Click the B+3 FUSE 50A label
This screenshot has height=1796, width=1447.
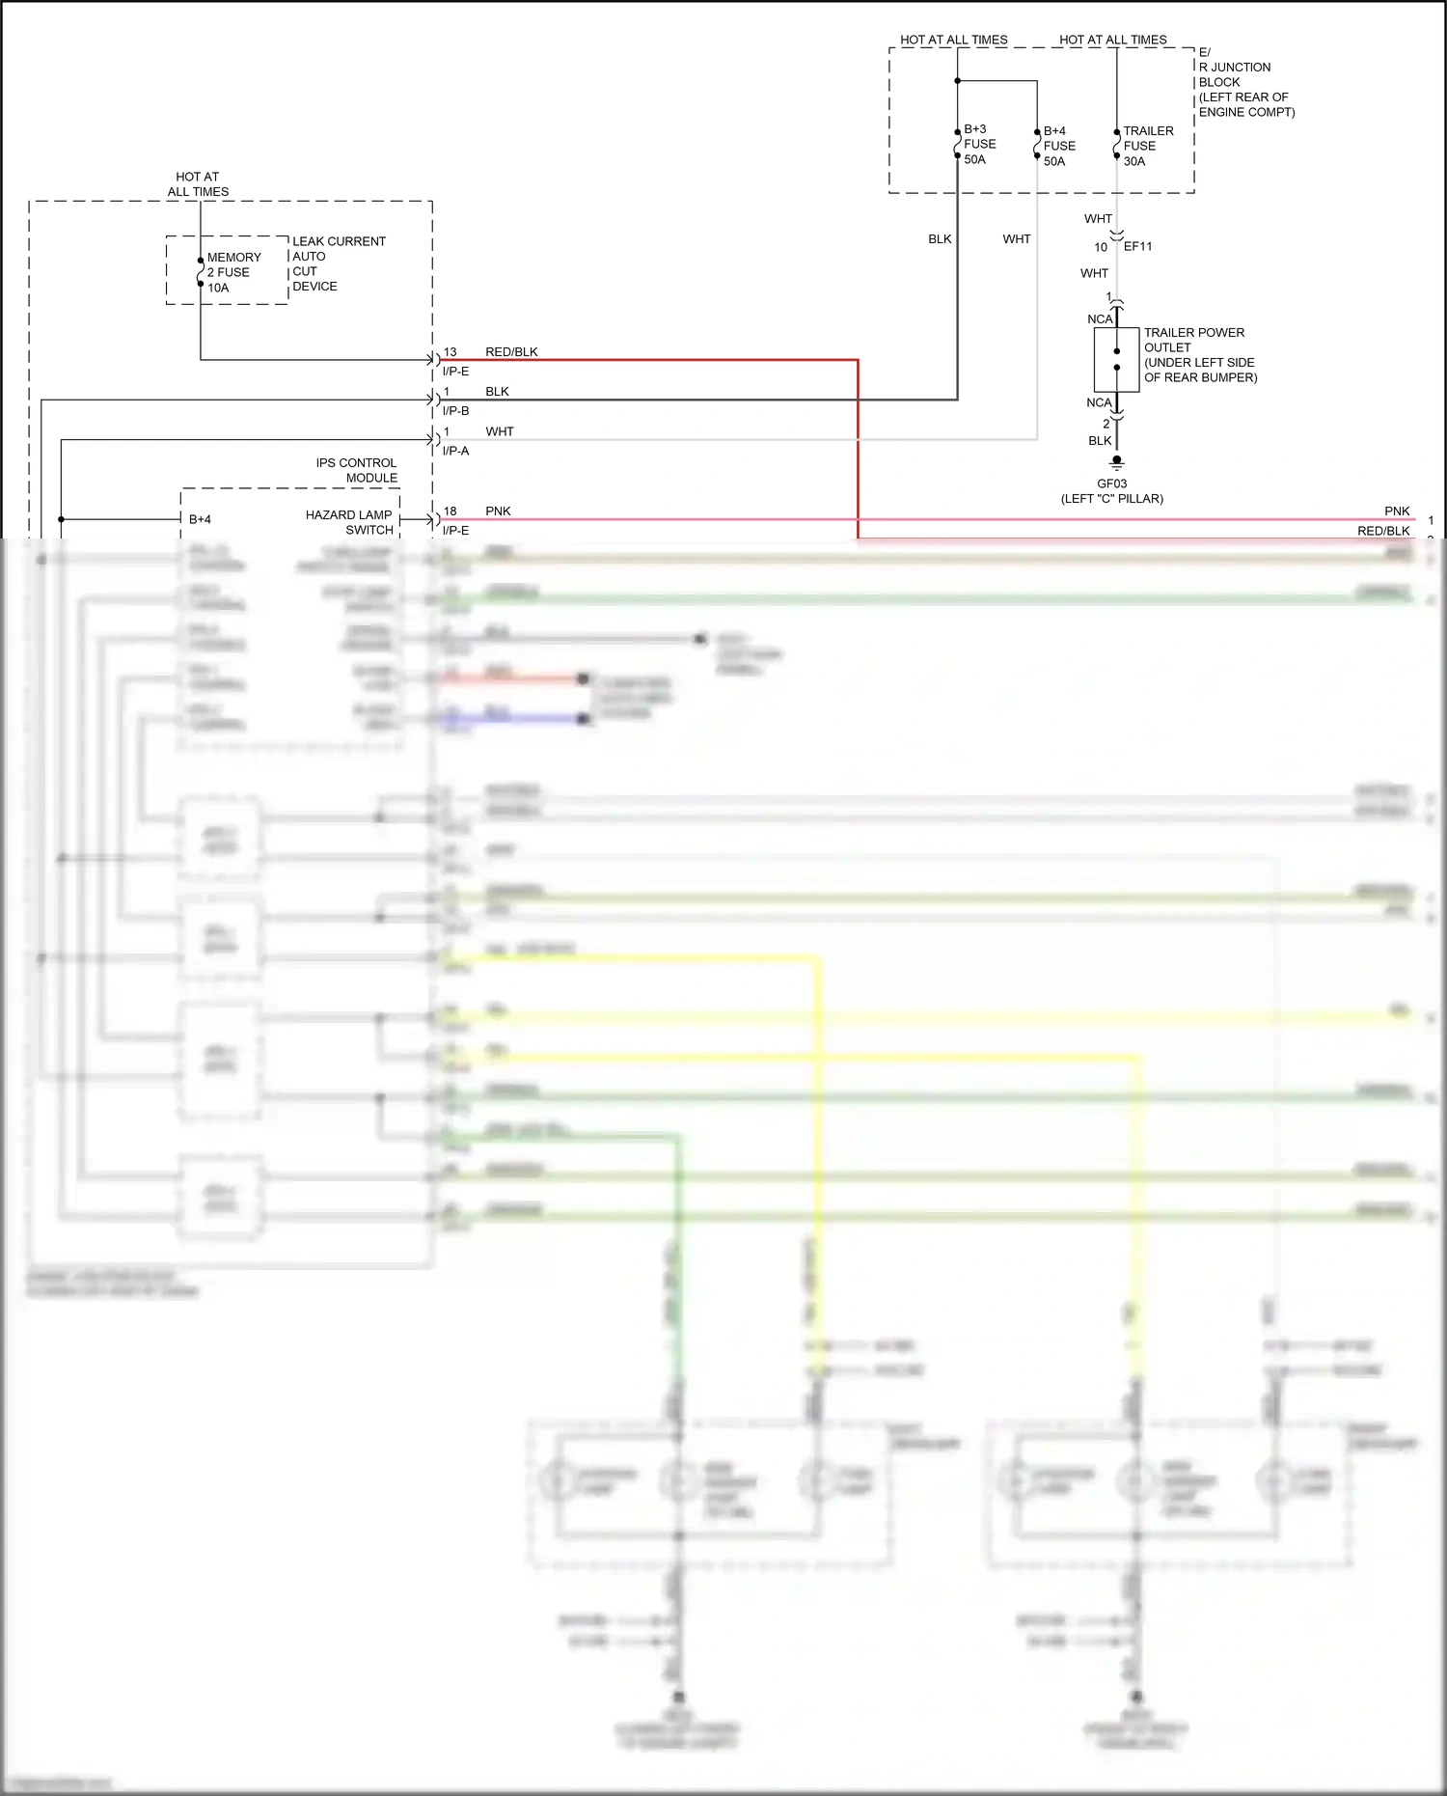pyautogui.click(x=979, y=144)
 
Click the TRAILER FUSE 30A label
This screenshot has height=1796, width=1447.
pyautogui.click(x=1147, y=146)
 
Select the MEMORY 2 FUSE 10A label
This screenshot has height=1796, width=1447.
pyautogui.click(x=232, y=272)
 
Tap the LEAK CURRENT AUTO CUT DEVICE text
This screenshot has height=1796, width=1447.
pyautogui.click(x=338, y=263)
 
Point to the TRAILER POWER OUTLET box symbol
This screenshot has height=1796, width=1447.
pyautogui.click(x=1116, y=359)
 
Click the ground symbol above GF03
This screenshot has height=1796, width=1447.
pyautogui.click(x=1116, y=462)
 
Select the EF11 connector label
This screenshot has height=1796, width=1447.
pyautogui.click(x=1137, y=246)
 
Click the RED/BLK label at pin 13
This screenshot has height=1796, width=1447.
pyautogui.click(x=511, y=351)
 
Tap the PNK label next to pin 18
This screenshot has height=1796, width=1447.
pyautogui.click(x=498, y=511)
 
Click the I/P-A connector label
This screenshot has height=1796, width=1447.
pyautogui.click(x=455, y=451)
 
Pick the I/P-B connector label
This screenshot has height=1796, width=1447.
pyautogui.click(x=455, y=410)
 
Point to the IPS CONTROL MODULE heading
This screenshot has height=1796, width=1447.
pyautogui.click(x=356, y=470)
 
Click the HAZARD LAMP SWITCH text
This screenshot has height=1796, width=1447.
pyautogui.click(x=348, y=522)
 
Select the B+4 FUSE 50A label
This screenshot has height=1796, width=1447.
pyautogui.click(x=1058, y=146)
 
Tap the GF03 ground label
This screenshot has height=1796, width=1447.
pyautogui.click(x=1111, y=484)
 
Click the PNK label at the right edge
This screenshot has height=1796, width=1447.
pyautogui.click(x=1396, y=511)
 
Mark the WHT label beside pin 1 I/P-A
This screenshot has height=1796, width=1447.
pyautogui.click(x=499, y=431)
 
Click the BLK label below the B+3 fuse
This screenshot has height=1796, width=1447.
pyautogui.click(x=940, y=238)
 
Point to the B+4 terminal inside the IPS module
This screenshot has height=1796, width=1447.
pyautogui.click(x=200, y=519)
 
